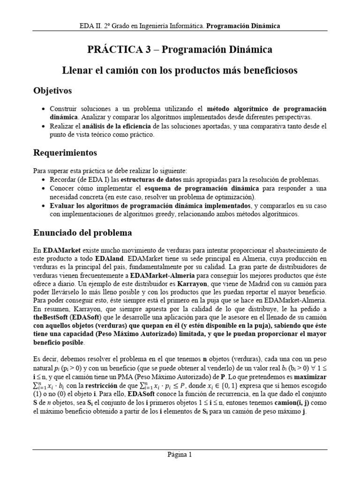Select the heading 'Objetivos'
click(52, 90)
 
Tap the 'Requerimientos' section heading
click(65, 152)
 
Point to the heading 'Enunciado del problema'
click(82, 232)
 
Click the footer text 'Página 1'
click(180, 454)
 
